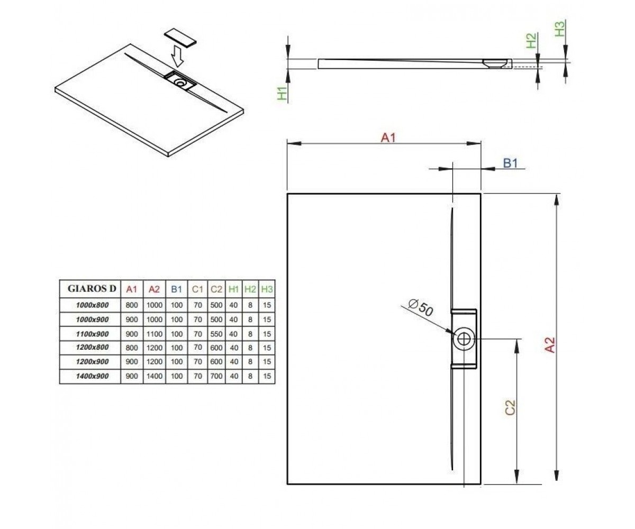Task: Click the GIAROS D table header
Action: pos(92,289)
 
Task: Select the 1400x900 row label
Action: pos(92,376)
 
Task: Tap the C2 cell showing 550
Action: pos(216,334)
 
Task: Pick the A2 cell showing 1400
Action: pos(155,376)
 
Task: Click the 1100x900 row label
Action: pos(92,334)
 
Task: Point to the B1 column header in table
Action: pos(176,289)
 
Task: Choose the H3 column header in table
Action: pos(267,289)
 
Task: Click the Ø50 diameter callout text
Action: pos(421,308)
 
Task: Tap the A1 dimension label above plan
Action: pos(388,138)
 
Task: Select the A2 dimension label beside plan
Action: pos(550,345)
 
